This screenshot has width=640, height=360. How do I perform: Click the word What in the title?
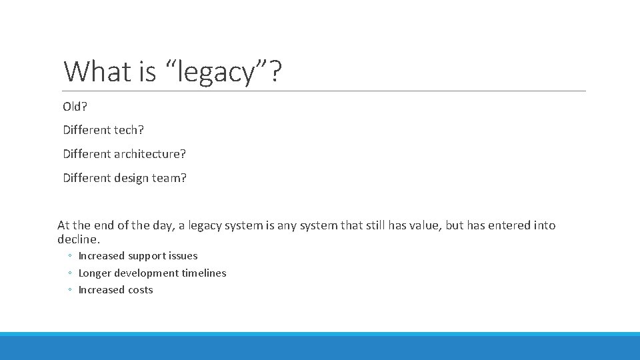pos(97,71)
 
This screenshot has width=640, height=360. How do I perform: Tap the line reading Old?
pos(75,107)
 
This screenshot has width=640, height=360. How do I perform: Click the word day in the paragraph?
pos(161,225)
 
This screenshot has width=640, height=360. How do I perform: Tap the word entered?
pos(510,225)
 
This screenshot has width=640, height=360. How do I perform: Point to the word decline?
pos(79,239)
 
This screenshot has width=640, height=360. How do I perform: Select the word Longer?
pos(95,273)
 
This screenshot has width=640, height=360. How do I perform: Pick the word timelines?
pos(203,273)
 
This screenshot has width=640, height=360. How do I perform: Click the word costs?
pos(137,290)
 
